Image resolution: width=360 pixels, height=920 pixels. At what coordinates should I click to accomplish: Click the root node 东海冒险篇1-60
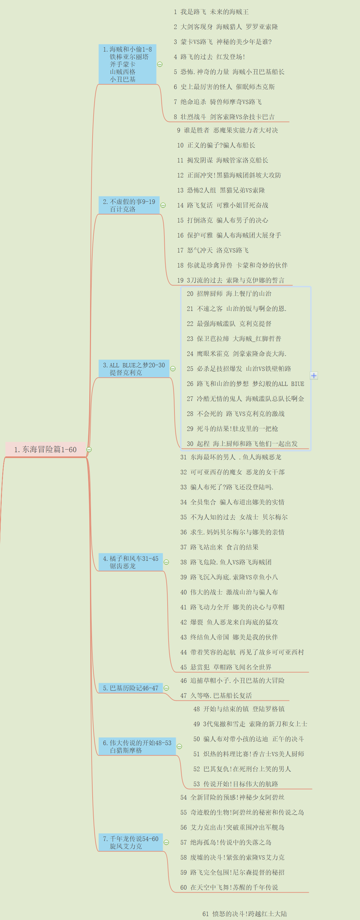point(45,449)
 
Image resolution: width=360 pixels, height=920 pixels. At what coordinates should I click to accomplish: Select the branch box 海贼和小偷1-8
point(127,64)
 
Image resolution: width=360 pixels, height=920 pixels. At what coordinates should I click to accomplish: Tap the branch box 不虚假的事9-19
point(129,205)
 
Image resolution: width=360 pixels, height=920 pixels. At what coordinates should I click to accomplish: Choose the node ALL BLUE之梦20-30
point(134,369)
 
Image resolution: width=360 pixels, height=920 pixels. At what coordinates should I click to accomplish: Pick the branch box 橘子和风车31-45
point(130,562)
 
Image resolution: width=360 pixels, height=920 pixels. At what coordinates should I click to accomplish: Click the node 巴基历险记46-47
point(130,688)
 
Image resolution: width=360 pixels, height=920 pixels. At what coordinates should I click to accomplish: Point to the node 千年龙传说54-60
point(130,842)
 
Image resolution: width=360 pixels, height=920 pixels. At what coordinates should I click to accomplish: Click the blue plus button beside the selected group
point(314,376)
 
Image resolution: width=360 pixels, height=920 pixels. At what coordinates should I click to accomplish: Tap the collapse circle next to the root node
point(89,449)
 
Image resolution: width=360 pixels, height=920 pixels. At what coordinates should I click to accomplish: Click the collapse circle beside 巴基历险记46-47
point(166,688)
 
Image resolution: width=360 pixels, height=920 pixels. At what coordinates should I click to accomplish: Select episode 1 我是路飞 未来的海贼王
point(211,12)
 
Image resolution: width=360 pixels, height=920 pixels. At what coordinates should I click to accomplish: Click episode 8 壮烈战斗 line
point(224,117)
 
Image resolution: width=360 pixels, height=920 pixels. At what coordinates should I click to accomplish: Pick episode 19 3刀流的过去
point(231,280)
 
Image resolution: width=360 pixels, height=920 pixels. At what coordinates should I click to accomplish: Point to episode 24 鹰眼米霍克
point(236,354)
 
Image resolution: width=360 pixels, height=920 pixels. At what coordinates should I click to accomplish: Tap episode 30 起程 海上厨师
point(242,444)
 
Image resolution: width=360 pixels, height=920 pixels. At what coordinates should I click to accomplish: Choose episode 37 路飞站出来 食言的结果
point(219,547)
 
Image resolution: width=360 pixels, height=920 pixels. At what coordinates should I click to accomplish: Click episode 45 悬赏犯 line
point(226,667)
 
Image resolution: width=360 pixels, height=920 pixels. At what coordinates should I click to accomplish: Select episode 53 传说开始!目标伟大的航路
point(236,784)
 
